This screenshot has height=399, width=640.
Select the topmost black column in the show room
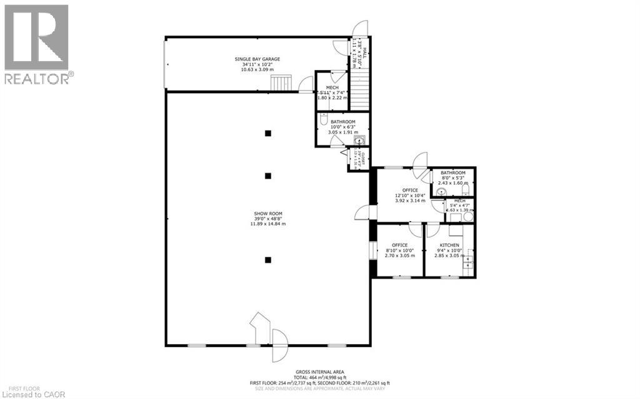point(267,133)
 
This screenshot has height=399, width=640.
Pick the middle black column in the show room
point(267,176)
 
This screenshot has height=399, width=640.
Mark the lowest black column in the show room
point(267,259)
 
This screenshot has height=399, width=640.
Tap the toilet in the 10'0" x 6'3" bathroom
point(322,121)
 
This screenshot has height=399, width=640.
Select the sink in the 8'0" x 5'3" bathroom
point(442,192)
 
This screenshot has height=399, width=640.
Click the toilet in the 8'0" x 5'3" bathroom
point(465,190)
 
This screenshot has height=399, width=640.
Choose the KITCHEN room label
point(449,245)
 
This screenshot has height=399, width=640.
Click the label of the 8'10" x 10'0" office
point(399,245)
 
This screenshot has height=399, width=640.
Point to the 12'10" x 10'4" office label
point(410,190)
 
